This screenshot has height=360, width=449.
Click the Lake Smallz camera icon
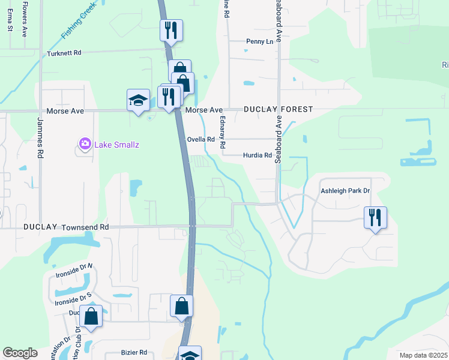pos(85,143)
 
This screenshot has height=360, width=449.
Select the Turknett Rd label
pos(64,53)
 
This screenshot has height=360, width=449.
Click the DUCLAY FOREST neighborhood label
pos(278,109)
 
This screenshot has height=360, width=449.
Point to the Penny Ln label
pos(259,41)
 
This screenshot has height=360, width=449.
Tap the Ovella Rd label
pos(201,139)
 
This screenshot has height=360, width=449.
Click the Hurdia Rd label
pos(258,155)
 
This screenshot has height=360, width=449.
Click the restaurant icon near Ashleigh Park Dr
pos(375,217)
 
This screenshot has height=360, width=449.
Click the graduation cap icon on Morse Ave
pos(138,99)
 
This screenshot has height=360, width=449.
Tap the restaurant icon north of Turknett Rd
pos(171,30)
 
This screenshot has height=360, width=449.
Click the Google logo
pos(20,353)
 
